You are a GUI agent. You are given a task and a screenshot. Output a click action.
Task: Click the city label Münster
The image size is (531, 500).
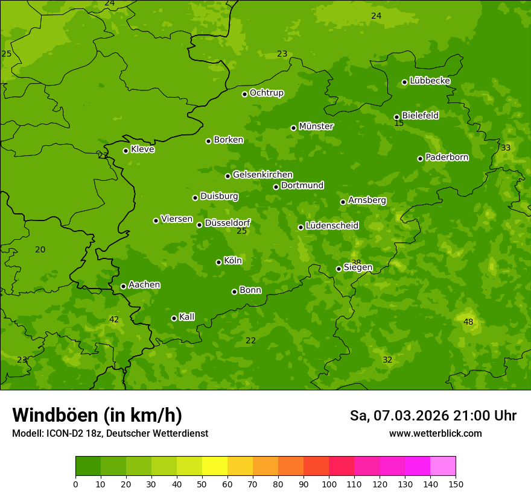[x=316, y=127]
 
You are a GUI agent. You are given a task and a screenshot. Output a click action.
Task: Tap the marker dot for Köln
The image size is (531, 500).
[x=218, y=262]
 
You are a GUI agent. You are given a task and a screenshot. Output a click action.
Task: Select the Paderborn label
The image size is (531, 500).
[x=447, y=157]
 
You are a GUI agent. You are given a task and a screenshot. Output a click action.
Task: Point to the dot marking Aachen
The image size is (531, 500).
[x=123, y=286]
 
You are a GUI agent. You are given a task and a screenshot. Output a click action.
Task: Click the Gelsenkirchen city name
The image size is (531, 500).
[x=262, y=175]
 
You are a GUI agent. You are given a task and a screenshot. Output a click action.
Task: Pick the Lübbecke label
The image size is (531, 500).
[x=430, y=81]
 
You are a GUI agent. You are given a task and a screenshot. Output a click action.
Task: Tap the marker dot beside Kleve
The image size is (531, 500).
[x=126, y=151]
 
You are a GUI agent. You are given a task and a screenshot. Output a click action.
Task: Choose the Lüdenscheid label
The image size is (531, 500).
[x=332, y=226]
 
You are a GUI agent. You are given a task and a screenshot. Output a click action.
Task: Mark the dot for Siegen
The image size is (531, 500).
[x=339, y=269]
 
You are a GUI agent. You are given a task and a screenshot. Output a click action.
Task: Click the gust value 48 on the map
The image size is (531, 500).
[x=468, y=322]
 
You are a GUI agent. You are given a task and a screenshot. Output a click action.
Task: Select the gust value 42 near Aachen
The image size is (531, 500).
[x=114, y=319]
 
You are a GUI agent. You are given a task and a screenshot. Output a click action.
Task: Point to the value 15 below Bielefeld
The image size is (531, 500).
[x=399, y=123]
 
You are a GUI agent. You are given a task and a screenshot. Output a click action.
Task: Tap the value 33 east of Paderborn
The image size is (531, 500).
[x=506, y=148]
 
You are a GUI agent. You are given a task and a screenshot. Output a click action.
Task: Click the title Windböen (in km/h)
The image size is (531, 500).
[x=97, y=415]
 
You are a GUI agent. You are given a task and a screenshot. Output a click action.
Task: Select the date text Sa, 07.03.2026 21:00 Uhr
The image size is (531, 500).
[x=433, y=416]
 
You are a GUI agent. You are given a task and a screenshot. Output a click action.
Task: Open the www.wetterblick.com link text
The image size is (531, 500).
[x=435, y=433]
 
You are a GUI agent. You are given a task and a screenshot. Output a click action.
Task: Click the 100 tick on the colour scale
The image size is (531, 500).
[x=329, y=484]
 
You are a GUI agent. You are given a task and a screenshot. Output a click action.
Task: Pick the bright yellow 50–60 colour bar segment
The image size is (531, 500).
[x=215, y=466]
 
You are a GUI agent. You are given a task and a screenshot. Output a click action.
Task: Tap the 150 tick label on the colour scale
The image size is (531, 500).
[x=456, y=484]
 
